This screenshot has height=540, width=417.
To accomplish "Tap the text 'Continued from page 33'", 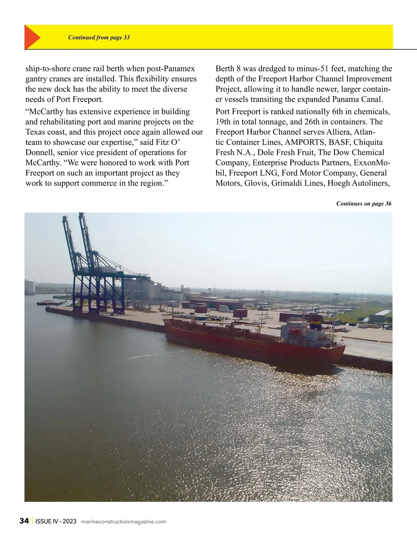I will pyautogui.click(x=99, y=37).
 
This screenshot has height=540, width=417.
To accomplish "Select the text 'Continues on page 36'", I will pyautogui.click(x=363, y=204).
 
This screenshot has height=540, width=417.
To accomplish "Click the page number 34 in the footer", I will pyautogui.click(x=24, y=521).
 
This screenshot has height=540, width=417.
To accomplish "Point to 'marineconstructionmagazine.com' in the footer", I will pyautogui.click(x=123, y=522).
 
